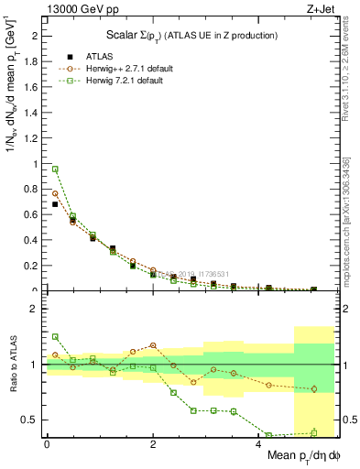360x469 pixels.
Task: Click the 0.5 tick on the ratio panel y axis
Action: click(x=29, y=420)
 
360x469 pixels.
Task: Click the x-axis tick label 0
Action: click(x=47, y=444)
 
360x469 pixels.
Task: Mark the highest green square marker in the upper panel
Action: click(x=55, y=169)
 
